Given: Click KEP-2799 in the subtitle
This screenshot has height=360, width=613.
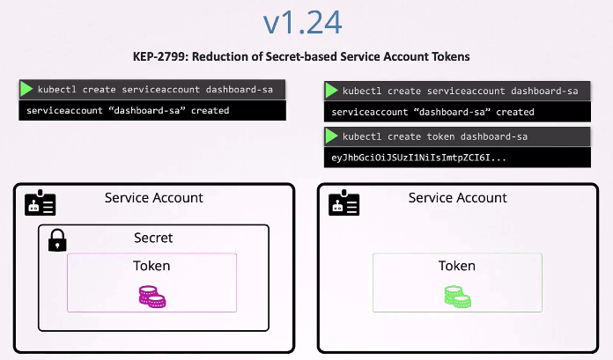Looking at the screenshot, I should click(x=163, y=56).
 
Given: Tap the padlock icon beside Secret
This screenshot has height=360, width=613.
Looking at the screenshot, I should click(x=57, y=239).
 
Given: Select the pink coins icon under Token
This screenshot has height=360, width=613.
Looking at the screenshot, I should click(x=151, y=297).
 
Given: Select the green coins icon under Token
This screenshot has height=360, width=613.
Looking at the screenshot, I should click(x=456, y=297).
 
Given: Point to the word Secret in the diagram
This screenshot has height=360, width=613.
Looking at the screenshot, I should click(x=153, y=238).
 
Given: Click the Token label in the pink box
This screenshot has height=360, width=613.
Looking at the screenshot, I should click(x=151, y=266).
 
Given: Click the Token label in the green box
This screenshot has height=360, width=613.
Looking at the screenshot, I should click(x=456, y=266).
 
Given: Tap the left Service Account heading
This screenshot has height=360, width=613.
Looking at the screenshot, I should click(x=153, y=198).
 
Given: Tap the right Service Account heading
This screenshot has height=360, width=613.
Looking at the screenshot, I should click(x=457, y=198).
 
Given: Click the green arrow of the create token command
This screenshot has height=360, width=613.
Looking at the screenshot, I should click(x=332, y=136).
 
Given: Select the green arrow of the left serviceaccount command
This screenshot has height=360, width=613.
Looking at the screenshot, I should click(x=26, y=89).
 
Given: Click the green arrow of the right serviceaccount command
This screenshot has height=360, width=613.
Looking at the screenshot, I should click(x=332, y=91).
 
